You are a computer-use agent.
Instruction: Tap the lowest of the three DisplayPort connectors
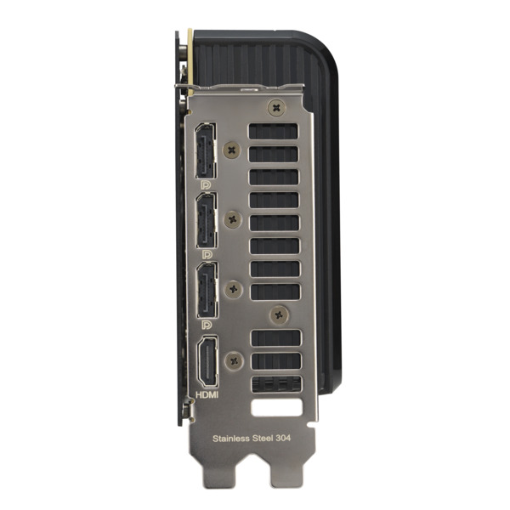tap(206, 291)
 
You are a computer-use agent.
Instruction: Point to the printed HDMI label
tap(207, 395)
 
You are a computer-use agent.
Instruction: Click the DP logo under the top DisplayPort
tap(206, 184)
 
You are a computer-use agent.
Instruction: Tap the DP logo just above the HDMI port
tap(206, 324)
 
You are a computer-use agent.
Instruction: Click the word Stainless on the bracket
tap(231, 439)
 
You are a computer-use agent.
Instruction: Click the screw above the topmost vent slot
tap(275, 108)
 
